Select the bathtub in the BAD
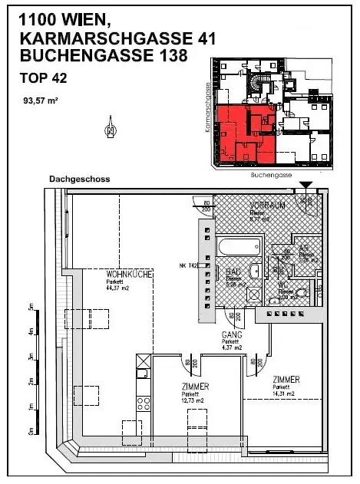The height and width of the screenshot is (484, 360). pyautogui.click(x=240, y=249)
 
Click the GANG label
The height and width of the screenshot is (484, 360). pyautogui.click(x=232, y=336)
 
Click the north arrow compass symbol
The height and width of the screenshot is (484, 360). pyautogui.click(x=111, y=127)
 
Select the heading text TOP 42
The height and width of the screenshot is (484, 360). pyautogui.click(x=43, y=77)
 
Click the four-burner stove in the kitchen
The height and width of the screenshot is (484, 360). pyautogui.click(x=142, y=403)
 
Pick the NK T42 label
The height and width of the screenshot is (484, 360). pyautogui.click(x=188, y=266)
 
